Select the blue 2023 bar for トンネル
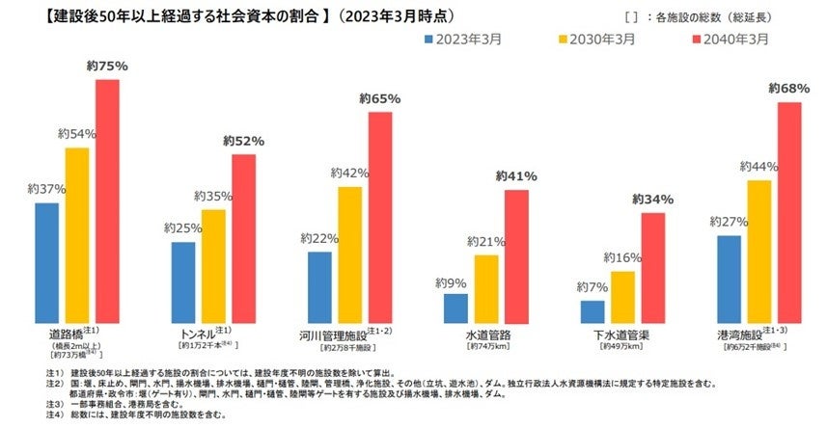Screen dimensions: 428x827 point(183,283)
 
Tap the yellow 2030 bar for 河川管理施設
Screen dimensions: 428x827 point(349,255)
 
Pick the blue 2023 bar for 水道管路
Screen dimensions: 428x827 point(456,309)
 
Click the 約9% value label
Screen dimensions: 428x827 point(450,283)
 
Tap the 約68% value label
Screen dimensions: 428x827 point(788,89)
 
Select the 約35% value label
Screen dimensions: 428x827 point(214,197)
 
